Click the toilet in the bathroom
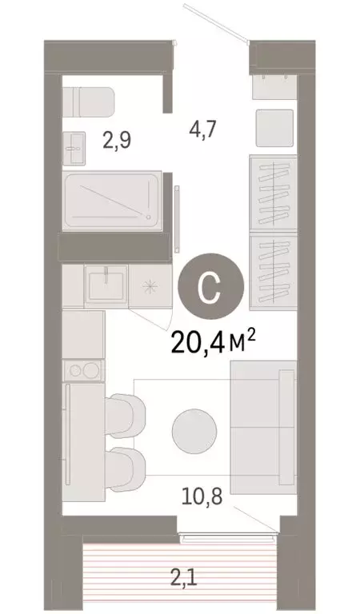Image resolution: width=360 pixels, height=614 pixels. [88, 102]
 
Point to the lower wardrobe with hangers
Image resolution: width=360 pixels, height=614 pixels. [271, 270]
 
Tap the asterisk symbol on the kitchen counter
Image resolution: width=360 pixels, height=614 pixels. [149, 286]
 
